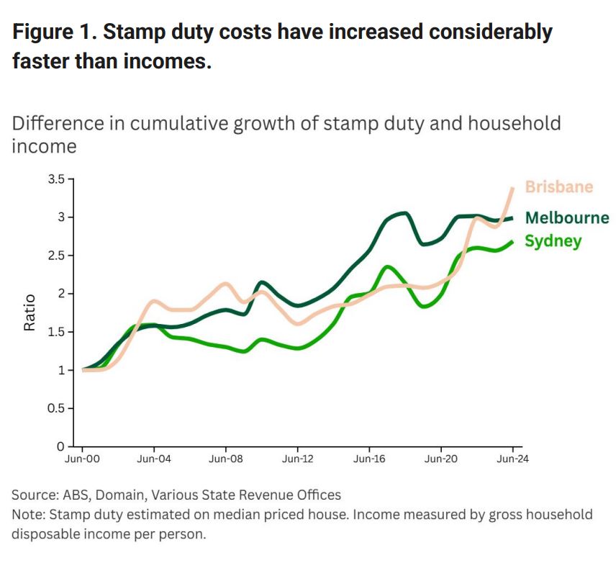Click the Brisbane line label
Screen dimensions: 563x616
coord(558,187)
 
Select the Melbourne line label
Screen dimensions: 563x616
coord(566,218)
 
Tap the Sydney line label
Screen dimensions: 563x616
coord(552,241)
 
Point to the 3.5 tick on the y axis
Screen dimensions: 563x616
coord(56,179)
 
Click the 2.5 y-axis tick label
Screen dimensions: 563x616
coord(56,256)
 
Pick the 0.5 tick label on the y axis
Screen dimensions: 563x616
coord(56,408)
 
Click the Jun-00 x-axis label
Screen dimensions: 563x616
coord(83,459)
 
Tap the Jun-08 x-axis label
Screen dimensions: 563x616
coord(225,459)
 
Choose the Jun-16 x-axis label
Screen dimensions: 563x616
coord(368,459)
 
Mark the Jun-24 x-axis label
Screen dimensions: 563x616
coord(512,459)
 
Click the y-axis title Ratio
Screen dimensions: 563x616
coord(30,312)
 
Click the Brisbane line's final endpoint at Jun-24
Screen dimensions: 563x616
coord(512,188)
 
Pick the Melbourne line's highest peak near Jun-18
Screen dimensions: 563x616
coord(404,213)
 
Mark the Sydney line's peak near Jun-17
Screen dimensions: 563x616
coord(389,267)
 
